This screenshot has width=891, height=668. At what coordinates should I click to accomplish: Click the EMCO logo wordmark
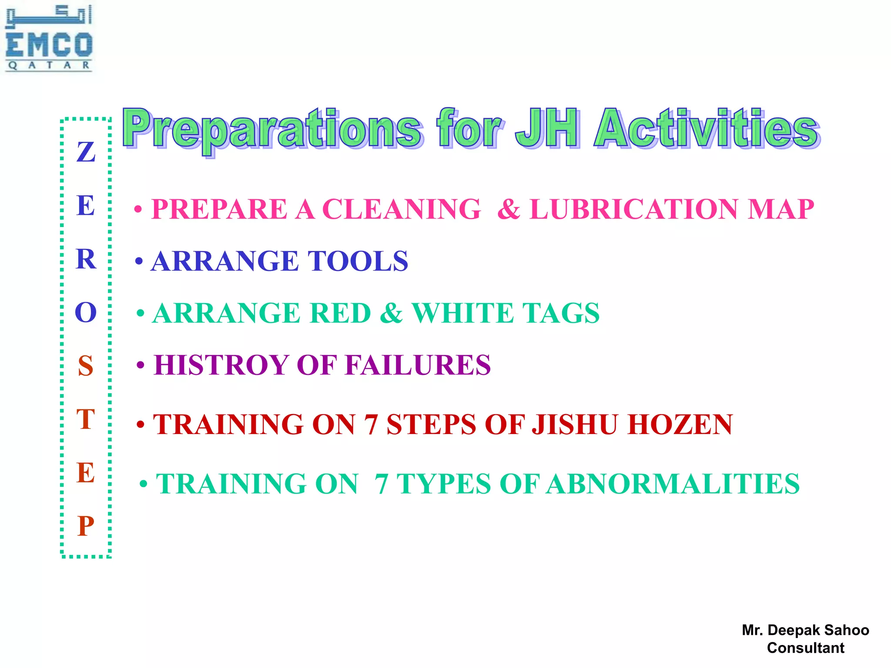click(49, 45)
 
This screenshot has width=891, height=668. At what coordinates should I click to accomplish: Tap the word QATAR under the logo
click(49, 65)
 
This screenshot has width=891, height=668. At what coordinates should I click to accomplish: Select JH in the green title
click(547, 128)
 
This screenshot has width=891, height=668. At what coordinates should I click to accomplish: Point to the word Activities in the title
click(707, 128)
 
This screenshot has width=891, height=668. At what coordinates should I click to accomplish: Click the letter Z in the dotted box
click(86, 152)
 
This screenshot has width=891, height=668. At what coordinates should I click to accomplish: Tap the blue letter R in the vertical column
click(86, 259)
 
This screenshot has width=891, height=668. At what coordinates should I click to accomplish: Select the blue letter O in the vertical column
click(86, 312)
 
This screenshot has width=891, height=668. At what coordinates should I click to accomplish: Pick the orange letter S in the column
click(86, 366)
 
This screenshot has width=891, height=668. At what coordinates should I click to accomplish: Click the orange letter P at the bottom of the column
click(86, 526)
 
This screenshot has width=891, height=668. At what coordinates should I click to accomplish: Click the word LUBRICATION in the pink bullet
click(633, 209)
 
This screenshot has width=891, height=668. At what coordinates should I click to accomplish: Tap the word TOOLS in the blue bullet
click(358, 261)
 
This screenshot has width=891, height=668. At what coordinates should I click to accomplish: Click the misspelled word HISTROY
click(221, 364)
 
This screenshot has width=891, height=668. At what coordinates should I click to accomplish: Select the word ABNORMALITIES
click(673, 484)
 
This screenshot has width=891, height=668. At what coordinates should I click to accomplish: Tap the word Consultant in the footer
click(805, 648)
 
